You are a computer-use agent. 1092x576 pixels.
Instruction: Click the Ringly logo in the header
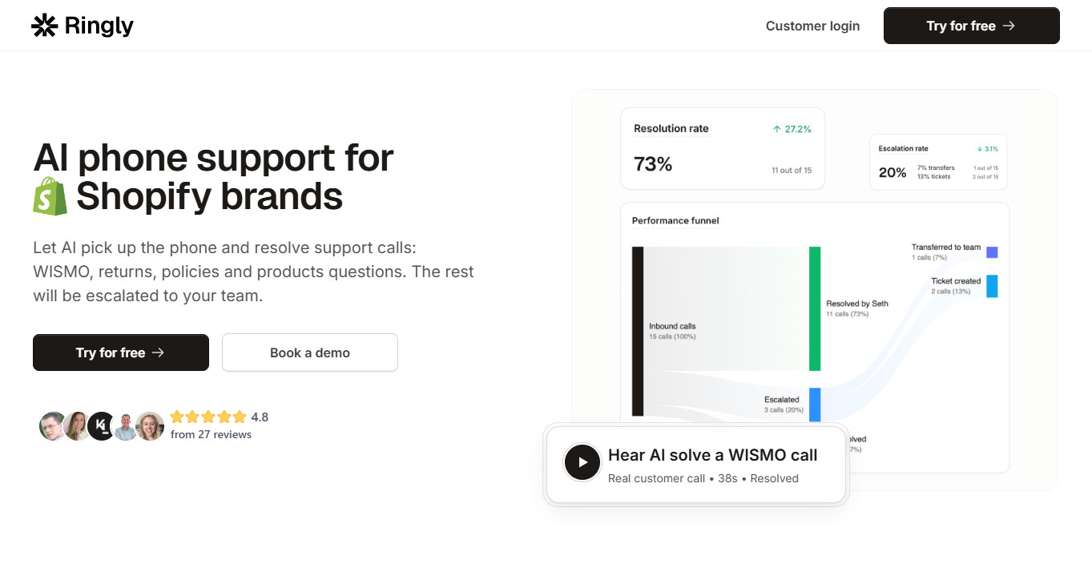pyautogui.click(x=83, y=26)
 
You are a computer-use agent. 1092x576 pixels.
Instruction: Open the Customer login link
pyautogui.click(x=812, y=26)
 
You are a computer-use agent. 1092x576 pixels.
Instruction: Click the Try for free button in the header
pyautogui.click(x=971, y=26)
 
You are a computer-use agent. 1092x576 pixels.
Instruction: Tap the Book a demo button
pyautogui.click(x=310, y=352)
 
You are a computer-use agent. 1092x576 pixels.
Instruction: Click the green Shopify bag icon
pyautogui.click(x=50, y=196)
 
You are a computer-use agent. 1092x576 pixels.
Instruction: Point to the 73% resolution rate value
pyautogui.click(x=653, y=164)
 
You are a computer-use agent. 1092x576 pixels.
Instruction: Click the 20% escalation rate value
pyautogui.click(x=893, y=172)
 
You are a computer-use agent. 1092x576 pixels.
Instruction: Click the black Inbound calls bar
pyautogui.click(x=638, y=331)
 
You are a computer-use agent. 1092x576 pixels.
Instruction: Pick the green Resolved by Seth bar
pyautogui.click(x=815, y=308)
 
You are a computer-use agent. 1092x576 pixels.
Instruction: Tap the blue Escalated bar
pyautogui.click(x=815, y=405)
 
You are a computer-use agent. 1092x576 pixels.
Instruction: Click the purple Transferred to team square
pyautogui.click(x=992, y=252)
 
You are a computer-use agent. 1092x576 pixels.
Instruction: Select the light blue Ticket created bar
pyautogui.click(x=992, y=286)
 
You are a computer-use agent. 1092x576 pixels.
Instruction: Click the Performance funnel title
pyautogui.click(x=675, y=220)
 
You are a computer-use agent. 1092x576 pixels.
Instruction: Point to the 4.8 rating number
pyautogui.click(x=260, y=417)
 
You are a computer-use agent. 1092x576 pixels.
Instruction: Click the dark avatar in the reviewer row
pyautogui.click(x=102, y=426)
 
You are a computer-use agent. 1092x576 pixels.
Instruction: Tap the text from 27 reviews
pyautogui.click(x=211, y=434)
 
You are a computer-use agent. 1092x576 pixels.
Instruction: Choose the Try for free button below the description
pyautogui.click(x=121, y=352)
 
